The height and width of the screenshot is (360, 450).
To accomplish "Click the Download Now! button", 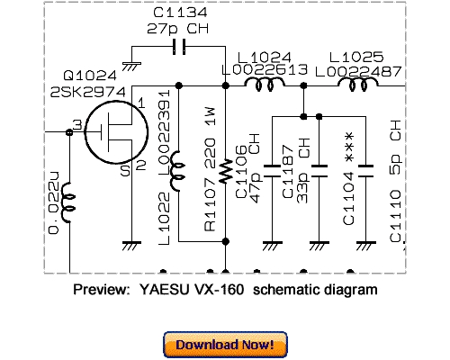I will [x=225, y=344].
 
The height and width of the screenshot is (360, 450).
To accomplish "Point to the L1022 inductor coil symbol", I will [x=178, y=168].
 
